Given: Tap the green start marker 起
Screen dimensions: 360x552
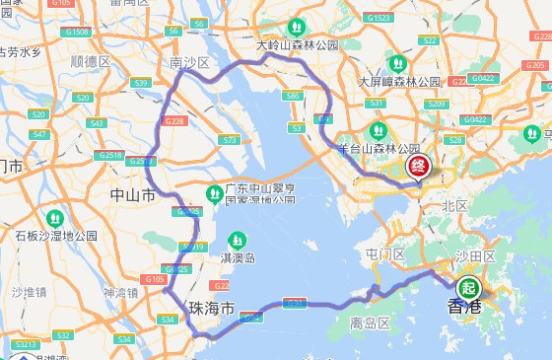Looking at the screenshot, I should tap(467, 288).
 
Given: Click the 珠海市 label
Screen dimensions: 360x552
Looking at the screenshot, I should tap(213, 309).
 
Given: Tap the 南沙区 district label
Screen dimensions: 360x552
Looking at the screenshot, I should tap(190, 63).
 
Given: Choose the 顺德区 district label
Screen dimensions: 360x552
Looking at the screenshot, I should tap(92, 61).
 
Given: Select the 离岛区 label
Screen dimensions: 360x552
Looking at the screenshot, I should tap(372, 323).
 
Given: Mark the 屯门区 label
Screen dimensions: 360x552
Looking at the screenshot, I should tap(386, 254).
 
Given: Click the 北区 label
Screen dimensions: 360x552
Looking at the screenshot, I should tap(454, 205).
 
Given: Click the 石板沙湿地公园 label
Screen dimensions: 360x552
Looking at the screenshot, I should tap(56, 235).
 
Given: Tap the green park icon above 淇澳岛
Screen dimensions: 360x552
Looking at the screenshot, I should tap(237, 240).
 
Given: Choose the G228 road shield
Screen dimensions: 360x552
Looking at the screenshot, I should tap(174, 120).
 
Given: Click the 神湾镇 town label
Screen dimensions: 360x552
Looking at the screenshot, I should tap(121, 293).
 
